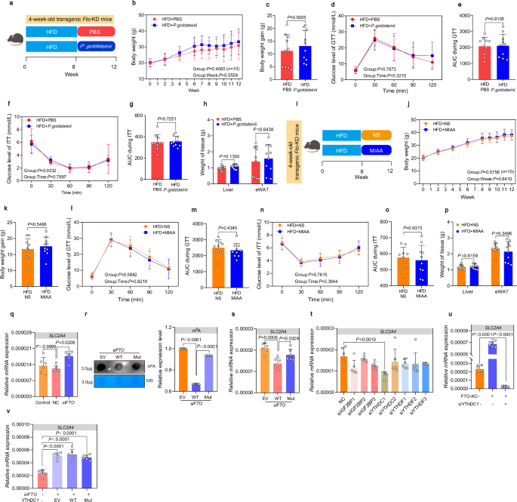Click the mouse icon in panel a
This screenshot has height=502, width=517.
(11, 38)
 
